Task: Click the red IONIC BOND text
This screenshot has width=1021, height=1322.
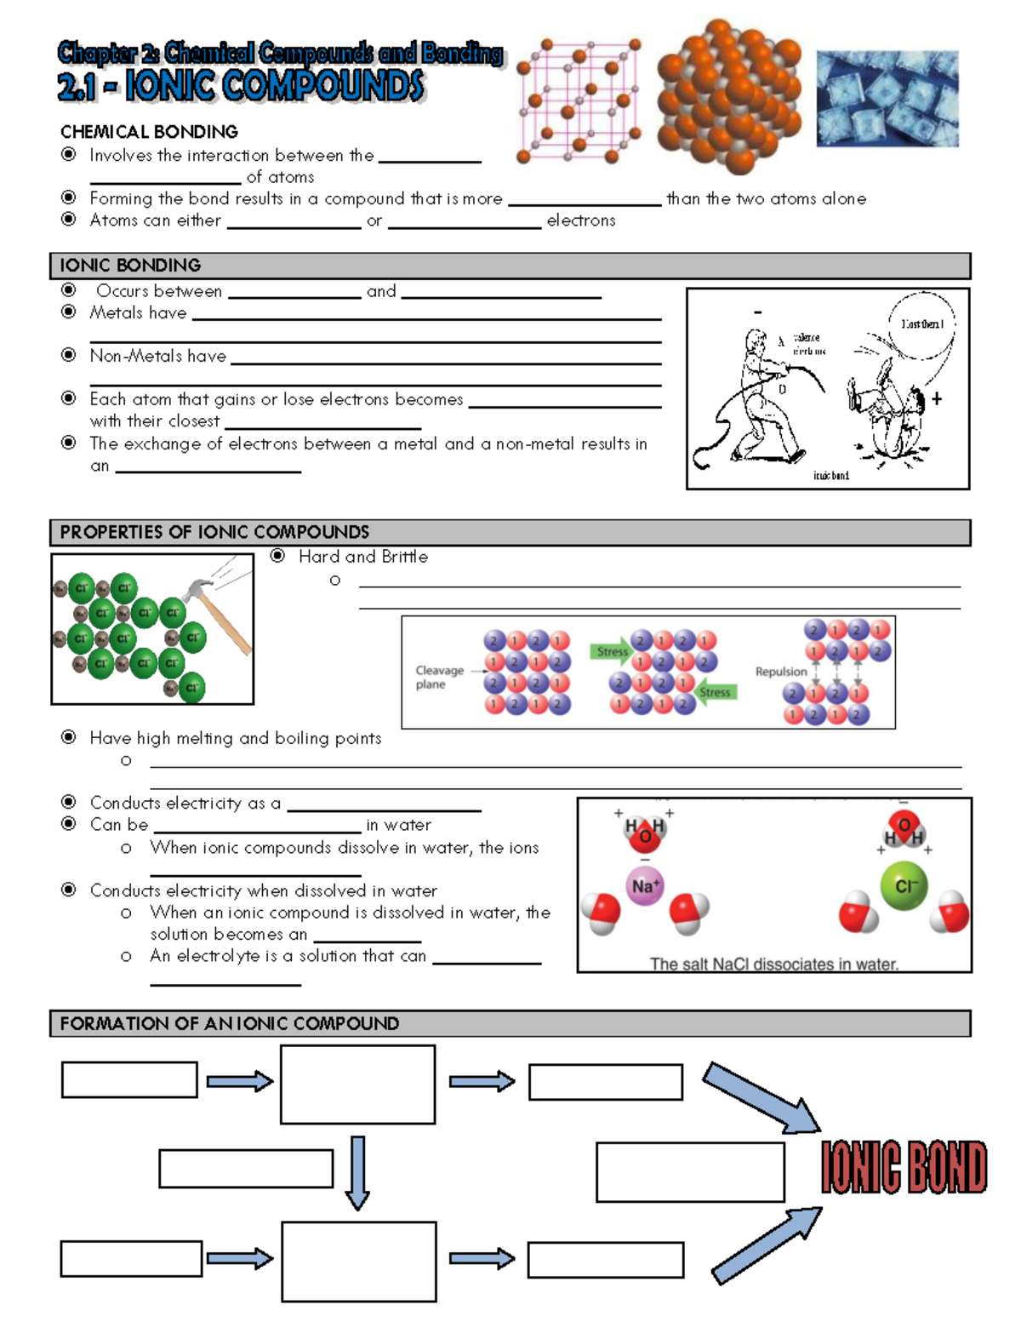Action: tap(904, 1166)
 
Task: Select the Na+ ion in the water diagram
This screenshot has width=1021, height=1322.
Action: tap(645, 886)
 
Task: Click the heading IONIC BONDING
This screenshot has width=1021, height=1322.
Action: tap(130, 266)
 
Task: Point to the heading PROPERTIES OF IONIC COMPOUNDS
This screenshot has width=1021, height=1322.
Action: tap(214, 532)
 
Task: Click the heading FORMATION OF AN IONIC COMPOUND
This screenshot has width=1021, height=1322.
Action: tap(229, 1023)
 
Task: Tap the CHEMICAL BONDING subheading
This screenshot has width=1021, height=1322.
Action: tap(149, 132)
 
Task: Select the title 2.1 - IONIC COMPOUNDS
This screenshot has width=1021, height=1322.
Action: tap(240, 87)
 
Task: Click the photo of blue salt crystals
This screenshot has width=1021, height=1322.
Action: tap(887, 98)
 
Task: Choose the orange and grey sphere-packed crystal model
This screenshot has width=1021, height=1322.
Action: tap(728, 95)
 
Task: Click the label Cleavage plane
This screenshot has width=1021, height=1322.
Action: tap(439, 677)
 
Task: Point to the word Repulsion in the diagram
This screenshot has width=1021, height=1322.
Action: tap(781, 672)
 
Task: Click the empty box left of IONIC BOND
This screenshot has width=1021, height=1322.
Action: tap(690, 1172)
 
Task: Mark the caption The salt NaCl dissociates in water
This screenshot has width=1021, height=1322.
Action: tap(774, 964)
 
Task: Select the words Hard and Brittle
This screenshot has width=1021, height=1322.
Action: tap(363, 557)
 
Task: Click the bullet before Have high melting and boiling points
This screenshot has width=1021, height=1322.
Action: tap(69, 737)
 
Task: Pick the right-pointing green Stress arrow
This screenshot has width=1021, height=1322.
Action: tap(611, 652)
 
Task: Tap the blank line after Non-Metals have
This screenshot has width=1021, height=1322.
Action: tap(446, 363)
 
